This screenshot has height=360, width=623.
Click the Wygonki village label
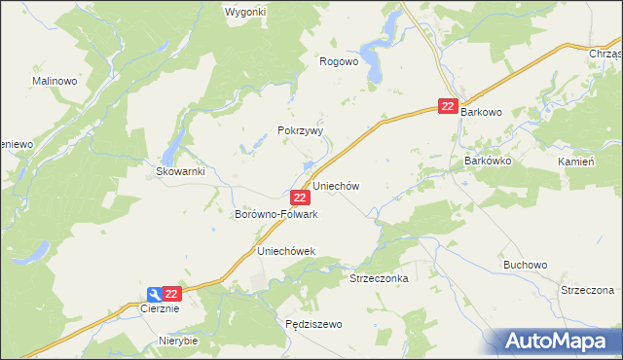pos(245,12)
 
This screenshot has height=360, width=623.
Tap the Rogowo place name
pos(340,60)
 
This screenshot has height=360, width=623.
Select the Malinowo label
pos(55,81)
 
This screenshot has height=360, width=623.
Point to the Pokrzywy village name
pos(300,130)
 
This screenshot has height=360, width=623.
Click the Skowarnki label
pos(179,172)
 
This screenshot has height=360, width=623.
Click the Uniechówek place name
pos(286,251)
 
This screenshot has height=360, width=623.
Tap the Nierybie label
pos(178,342)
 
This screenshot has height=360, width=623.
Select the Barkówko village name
pos(488,160)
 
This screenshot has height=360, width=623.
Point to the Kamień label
pos(575,162)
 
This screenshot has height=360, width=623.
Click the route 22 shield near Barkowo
pos(447,106)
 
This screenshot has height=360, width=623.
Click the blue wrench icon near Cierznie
pos(155,294)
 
